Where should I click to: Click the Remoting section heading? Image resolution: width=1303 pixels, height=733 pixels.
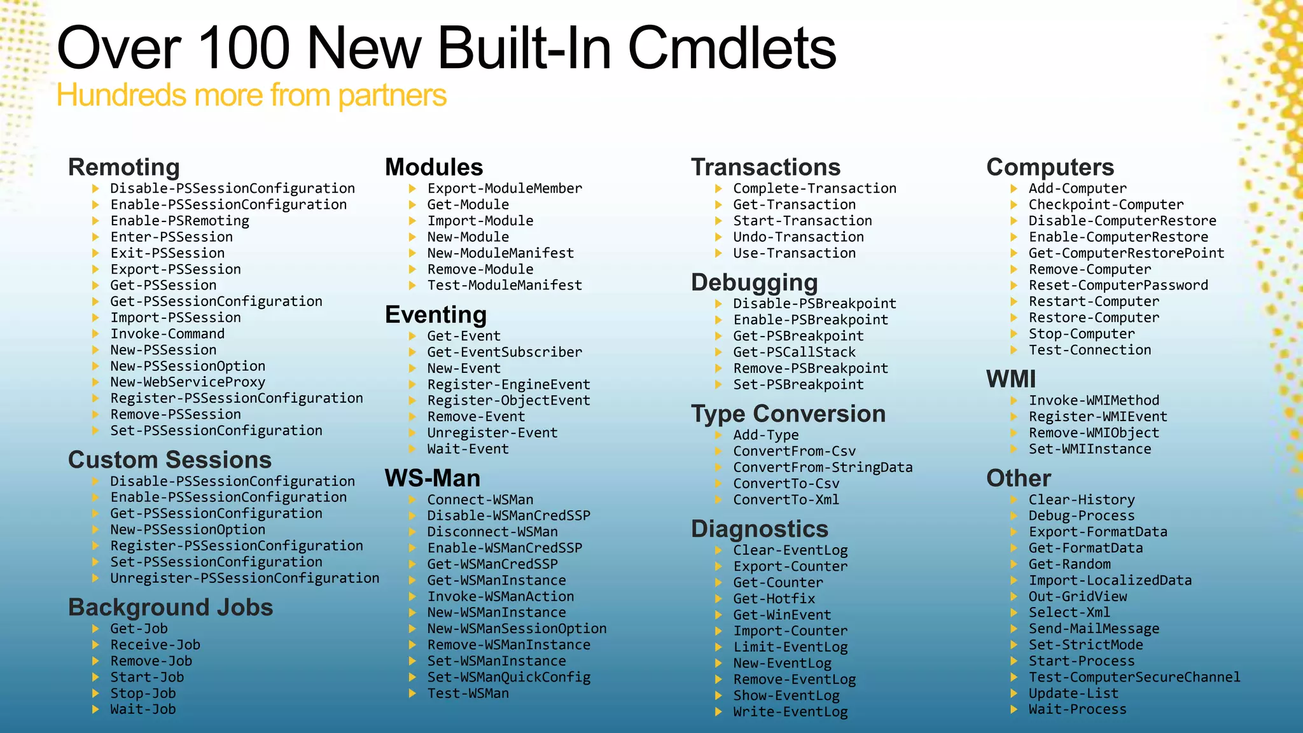click(123, 167)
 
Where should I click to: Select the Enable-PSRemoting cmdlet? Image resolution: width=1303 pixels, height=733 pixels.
click(179, 221)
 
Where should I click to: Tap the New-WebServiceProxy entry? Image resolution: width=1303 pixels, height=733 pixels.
click(188, 382)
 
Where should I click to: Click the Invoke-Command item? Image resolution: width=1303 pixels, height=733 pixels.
click(167, 334)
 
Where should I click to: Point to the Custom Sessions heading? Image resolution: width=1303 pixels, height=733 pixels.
click(169, 460)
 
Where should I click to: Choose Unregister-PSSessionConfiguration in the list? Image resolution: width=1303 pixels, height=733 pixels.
click(244, 578)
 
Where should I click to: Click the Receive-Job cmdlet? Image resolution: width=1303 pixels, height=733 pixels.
click(155, 645)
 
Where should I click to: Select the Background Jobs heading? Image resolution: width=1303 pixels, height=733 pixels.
click(171, 608)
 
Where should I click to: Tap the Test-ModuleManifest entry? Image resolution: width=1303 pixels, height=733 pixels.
click(505, 286)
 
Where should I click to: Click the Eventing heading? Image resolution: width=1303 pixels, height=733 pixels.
click(436, 315)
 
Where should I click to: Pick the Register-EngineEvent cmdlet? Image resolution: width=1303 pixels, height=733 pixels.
click(508, 384)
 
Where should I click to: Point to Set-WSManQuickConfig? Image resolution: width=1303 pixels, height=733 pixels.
click(508, 678)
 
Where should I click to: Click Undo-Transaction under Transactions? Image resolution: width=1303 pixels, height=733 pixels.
click(798, 237)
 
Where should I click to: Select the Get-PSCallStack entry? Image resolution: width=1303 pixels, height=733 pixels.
click(794, 353)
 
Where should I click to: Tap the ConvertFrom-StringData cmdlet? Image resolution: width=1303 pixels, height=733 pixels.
click(823, 468)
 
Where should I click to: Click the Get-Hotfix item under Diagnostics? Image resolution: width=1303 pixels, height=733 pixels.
click(774, 599)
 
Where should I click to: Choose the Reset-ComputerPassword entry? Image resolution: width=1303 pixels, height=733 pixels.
click(1118, 286)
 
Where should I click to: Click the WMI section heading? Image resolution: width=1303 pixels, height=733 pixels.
click(1011, 379)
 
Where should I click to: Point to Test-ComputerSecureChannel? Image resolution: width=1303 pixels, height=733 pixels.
click(1134, 678)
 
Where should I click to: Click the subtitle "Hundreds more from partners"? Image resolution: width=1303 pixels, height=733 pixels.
click(251, 95)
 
